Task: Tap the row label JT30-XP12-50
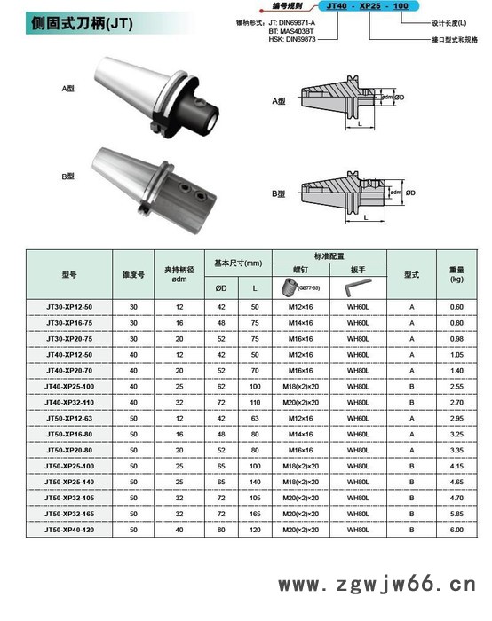tap(69, 306)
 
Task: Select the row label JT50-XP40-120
tap(69, 529)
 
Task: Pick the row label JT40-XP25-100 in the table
tap(69, 386)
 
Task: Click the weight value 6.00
tap(456, 529)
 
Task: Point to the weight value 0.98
tap(456, 338)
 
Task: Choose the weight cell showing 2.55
tap(456, 386)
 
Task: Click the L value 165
tap(255, 513)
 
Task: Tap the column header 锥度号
tap(133, 274)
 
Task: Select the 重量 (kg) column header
tap(456, 273)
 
